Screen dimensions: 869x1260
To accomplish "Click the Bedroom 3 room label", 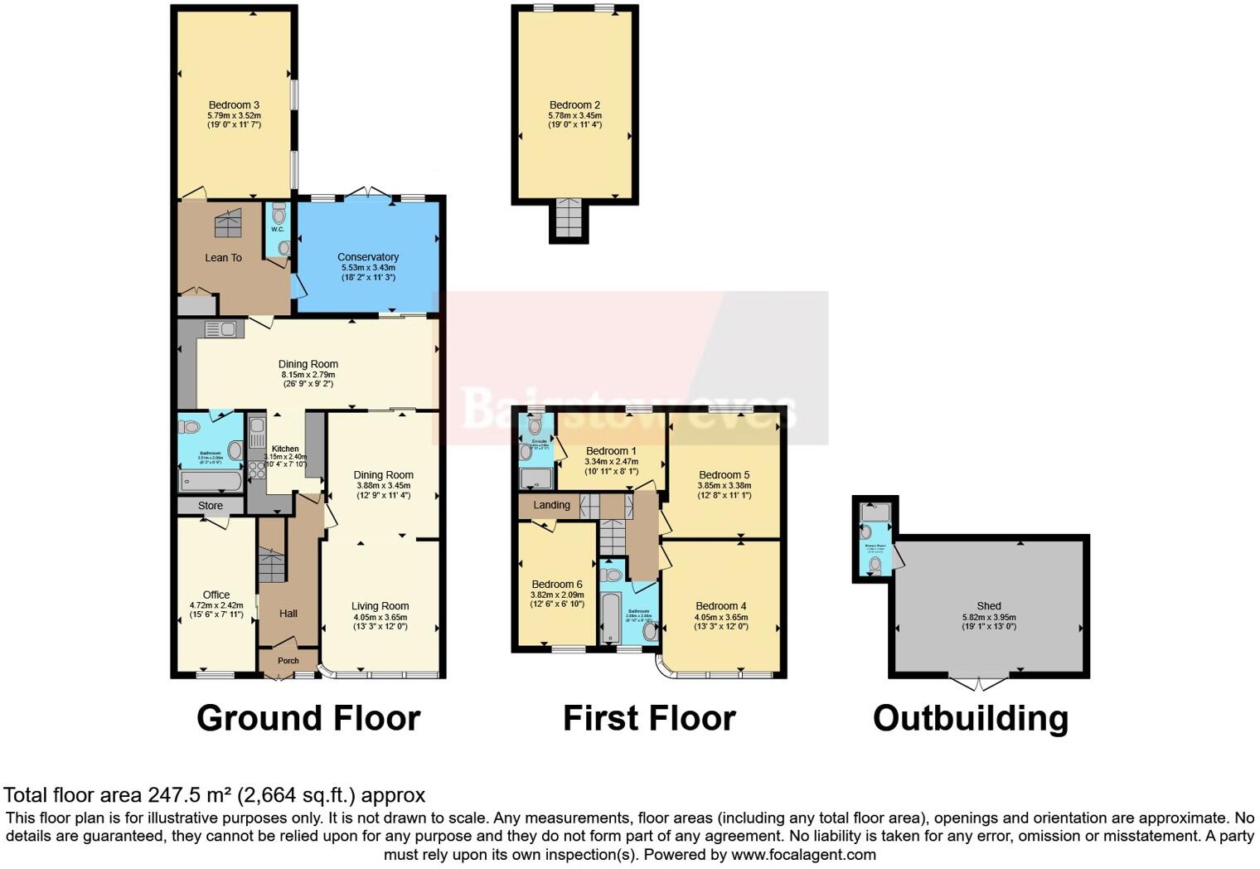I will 234,105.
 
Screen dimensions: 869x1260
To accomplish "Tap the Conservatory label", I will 368,257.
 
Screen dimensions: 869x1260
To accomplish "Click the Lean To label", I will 223,258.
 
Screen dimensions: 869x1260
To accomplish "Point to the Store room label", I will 211,506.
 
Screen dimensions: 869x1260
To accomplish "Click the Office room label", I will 216,595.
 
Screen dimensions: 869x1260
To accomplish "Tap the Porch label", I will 288,661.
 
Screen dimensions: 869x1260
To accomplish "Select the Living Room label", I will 380,606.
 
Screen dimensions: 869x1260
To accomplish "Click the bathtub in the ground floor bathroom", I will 211,481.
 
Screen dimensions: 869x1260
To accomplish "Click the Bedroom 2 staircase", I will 569,220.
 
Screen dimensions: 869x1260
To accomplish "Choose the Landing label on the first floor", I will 551,505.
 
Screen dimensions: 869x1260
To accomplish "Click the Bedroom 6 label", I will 557,585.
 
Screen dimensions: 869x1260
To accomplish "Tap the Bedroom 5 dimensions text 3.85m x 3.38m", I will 723,487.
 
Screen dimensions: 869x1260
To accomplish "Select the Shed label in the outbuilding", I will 988,606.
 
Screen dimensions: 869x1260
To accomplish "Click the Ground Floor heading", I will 308,718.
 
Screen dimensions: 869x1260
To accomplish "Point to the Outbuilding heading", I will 970,718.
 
